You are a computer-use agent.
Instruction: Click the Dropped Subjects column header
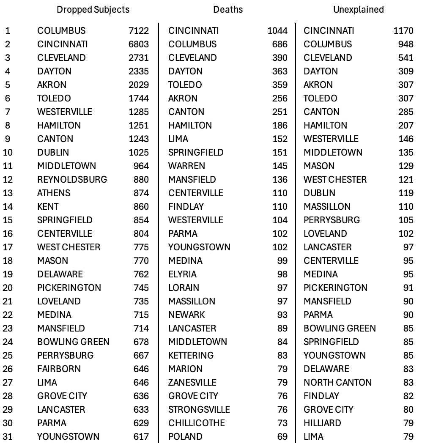93,9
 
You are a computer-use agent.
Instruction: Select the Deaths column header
228,9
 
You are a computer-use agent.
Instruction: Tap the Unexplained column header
358,9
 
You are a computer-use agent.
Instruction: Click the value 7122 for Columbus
139,30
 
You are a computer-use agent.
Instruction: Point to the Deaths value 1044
277,30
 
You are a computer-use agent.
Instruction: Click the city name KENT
48,206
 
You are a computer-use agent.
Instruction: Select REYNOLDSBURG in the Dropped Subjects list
72,179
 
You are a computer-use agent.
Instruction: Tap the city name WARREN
186,166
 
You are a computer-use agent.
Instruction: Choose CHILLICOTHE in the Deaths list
197,423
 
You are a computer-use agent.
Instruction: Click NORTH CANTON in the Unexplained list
337,382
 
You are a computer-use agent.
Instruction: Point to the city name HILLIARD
322,423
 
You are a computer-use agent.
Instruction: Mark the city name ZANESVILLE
192,382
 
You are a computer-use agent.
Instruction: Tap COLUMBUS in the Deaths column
192,44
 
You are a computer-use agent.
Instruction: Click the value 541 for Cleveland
406,58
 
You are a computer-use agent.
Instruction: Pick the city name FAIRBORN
59,369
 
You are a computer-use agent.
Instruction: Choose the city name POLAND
185,436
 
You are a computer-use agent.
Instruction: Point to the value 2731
139,58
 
